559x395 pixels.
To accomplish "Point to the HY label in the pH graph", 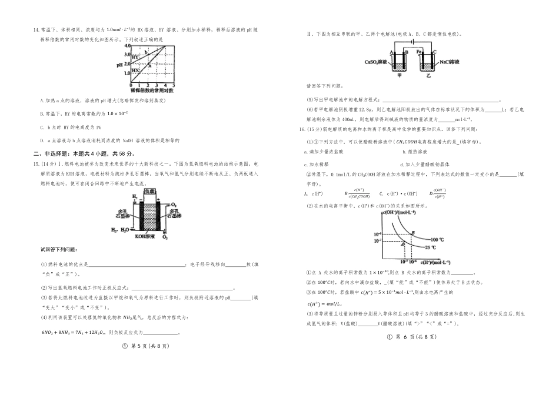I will [137, 56].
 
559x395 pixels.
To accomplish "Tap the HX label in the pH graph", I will [136, 69].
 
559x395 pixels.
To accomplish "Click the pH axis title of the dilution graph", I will [121, 65].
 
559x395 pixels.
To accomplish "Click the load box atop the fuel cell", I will [151, 192].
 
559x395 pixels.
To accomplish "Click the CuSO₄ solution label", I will [376, 62].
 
